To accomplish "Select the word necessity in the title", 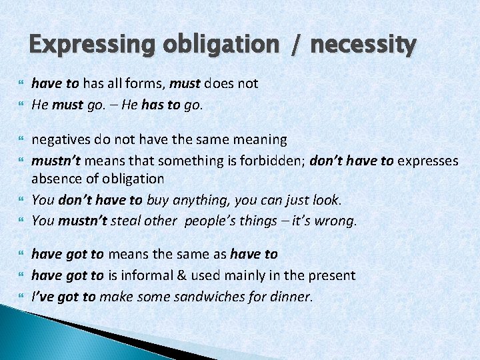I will (363, 45).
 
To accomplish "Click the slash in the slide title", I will (293, 45).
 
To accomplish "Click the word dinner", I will (291, 296).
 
